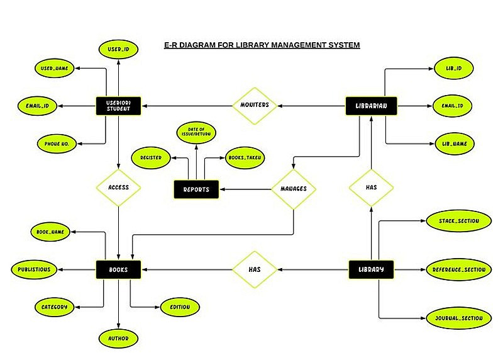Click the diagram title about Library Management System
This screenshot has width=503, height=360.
click(261, 45)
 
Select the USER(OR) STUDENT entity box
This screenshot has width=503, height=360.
click(118, 106)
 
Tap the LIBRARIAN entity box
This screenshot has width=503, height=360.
click(372, 106)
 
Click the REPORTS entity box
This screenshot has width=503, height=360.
click(196, 189)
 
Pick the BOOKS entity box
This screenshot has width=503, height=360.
click(118, 269)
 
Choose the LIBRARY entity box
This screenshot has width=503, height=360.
click(372, 269)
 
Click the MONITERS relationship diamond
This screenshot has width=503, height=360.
click(255, 105)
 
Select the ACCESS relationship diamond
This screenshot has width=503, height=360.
click(118, 187)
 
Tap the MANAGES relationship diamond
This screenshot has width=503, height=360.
click(293, 188)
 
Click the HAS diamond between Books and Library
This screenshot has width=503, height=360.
click(255, 269)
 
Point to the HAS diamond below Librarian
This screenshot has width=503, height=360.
click(371, 187)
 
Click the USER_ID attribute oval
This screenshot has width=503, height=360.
click(118, 48)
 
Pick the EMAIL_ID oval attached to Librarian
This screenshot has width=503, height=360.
click(452, 106)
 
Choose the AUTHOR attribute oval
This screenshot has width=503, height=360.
click(118, 338)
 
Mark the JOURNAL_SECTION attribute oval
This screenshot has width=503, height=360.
click(458, 318)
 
